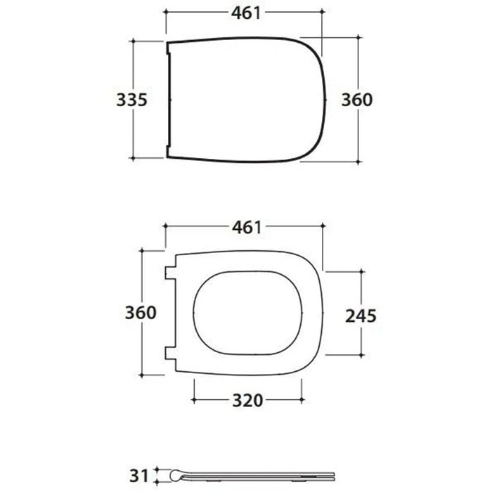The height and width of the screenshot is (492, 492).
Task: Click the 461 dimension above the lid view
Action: [x=246, y=13]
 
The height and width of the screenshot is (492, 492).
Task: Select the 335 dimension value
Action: [x=132, y=100]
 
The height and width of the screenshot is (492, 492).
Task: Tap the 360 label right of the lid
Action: [x=357, y=100]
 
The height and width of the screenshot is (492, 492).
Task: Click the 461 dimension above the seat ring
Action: [x=247, y=227]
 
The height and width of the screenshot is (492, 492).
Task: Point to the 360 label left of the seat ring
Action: [x=141, y=313]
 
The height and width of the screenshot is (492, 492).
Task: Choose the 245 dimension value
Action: [x=361, y=316]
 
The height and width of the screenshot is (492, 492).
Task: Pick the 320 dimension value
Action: [x=247, y=401]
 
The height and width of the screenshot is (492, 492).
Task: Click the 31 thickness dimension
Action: [x=138, y=476]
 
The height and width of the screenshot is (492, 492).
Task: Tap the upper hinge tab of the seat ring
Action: [x=170, y=273]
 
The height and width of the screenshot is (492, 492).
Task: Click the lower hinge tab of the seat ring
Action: [x=170, y=354]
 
